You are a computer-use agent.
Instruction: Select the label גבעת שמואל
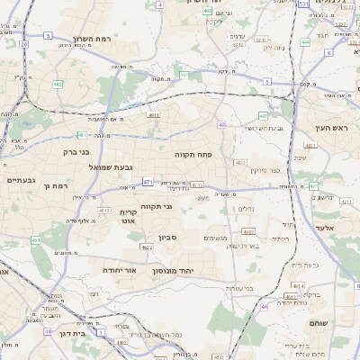tap(112, 167)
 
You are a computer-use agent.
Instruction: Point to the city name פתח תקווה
tap(193, 154)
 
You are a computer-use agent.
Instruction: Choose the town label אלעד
tap(325, 228)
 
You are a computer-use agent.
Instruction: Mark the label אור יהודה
tap(119, 269)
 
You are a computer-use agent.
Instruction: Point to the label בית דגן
tap(70, 333)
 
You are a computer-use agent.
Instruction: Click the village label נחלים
tap(245, 208)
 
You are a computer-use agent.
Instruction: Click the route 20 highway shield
tap(24, 43)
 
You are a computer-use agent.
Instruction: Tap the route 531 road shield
tap(304, 4)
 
